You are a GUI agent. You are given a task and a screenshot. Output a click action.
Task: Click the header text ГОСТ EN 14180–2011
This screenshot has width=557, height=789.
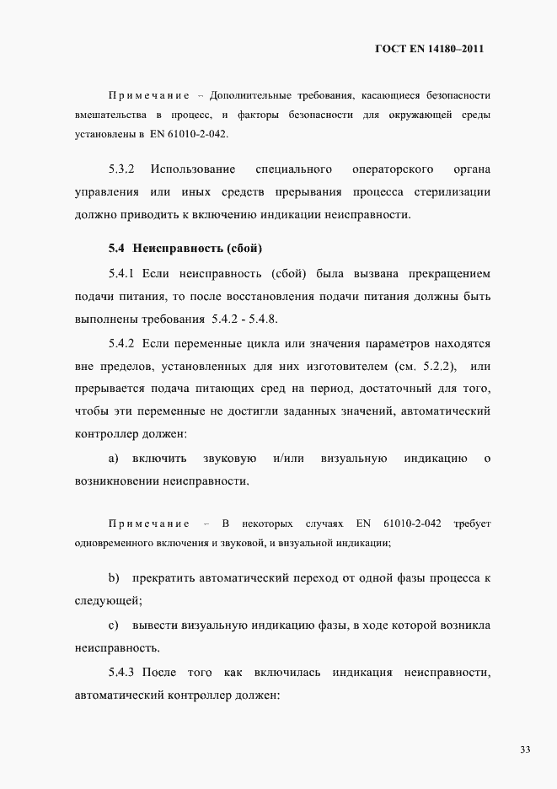coord(429,49)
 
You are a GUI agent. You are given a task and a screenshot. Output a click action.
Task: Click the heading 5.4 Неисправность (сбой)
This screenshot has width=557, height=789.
coord(185,249)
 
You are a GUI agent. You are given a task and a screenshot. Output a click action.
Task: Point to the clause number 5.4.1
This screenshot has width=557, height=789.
coord(122,274)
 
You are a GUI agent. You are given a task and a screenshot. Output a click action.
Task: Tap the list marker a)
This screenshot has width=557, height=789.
coord(113,459)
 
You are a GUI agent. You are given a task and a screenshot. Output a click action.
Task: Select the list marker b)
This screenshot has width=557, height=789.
coord(113,578)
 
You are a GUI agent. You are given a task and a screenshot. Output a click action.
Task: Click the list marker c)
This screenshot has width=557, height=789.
coord(113,625)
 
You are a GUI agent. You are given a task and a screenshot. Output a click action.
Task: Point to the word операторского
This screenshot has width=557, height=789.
coord(393,170)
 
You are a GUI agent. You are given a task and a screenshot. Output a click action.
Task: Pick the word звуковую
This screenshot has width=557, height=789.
coord(229,459)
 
